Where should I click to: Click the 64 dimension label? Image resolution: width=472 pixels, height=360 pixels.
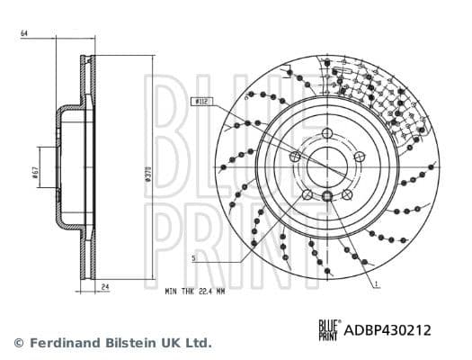click(24, 34)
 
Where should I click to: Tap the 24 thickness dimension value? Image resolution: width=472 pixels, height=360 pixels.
click(104, 287)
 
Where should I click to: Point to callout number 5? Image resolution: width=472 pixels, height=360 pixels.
click(193, 258)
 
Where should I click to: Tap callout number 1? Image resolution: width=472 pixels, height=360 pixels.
click(377, 283)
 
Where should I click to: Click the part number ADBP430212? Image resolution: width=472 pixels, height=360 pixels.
click(389, 330)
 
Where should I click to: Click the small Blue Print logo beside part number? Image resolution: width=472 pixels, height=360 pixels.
click(329, 330)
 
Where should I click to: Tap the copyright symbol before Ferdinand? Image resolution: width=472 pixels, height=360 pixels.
click(19, 343)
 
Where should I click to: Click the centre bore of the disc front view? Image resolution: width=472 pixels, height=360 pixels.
click(326, 167)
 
